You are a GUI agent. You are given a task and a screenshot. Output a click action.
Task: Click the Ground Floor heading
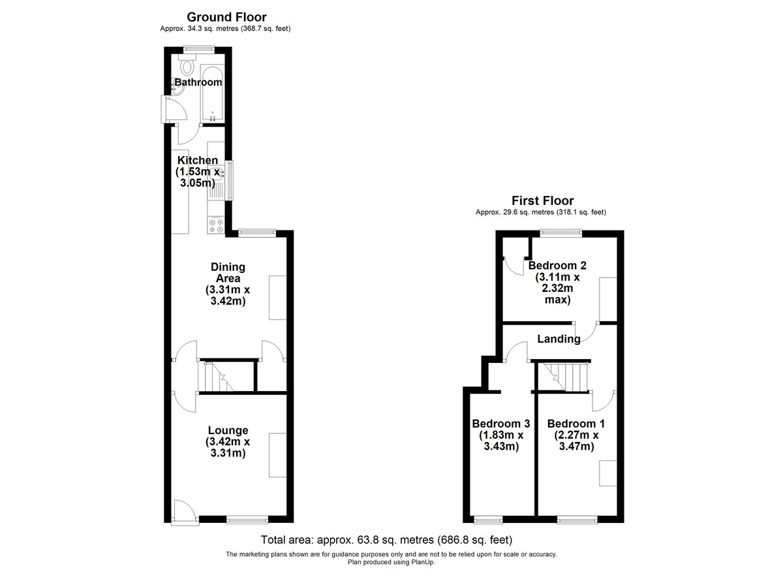tap(226, 17)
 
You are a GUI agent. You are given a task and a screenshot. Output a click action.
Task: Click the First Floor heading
tap(542, 200)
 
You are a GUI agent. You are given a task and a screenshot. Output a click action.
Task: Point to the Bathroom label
tap(198, 82)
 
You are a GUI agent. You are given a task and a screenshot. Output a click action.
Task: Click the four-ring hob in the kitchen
tap(216, 225)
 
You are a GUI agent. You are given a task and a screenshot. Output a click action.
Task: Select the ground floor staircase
tap(226, 377)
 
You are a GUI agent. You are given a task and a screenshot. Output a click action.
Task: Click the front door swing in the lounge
tap(185, 510)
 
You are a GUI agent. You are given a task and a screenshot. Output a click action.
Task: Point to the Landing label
tap(559, 339)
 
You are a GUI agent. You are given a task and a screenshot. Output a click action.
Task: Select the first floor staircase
tap(562, 377)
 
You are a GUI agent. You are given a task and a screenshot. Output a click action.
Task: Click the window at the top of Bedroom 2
tap(560, 233)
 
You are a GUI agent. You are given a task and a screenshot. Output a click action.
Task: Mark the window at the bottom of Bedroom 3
tap(488, 520)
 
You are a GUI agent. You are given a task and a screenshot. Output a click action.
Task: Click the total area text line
tap(386, 539)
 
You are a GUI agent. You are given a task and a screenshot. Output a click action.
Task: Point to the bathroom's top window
tap(200, 50)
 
